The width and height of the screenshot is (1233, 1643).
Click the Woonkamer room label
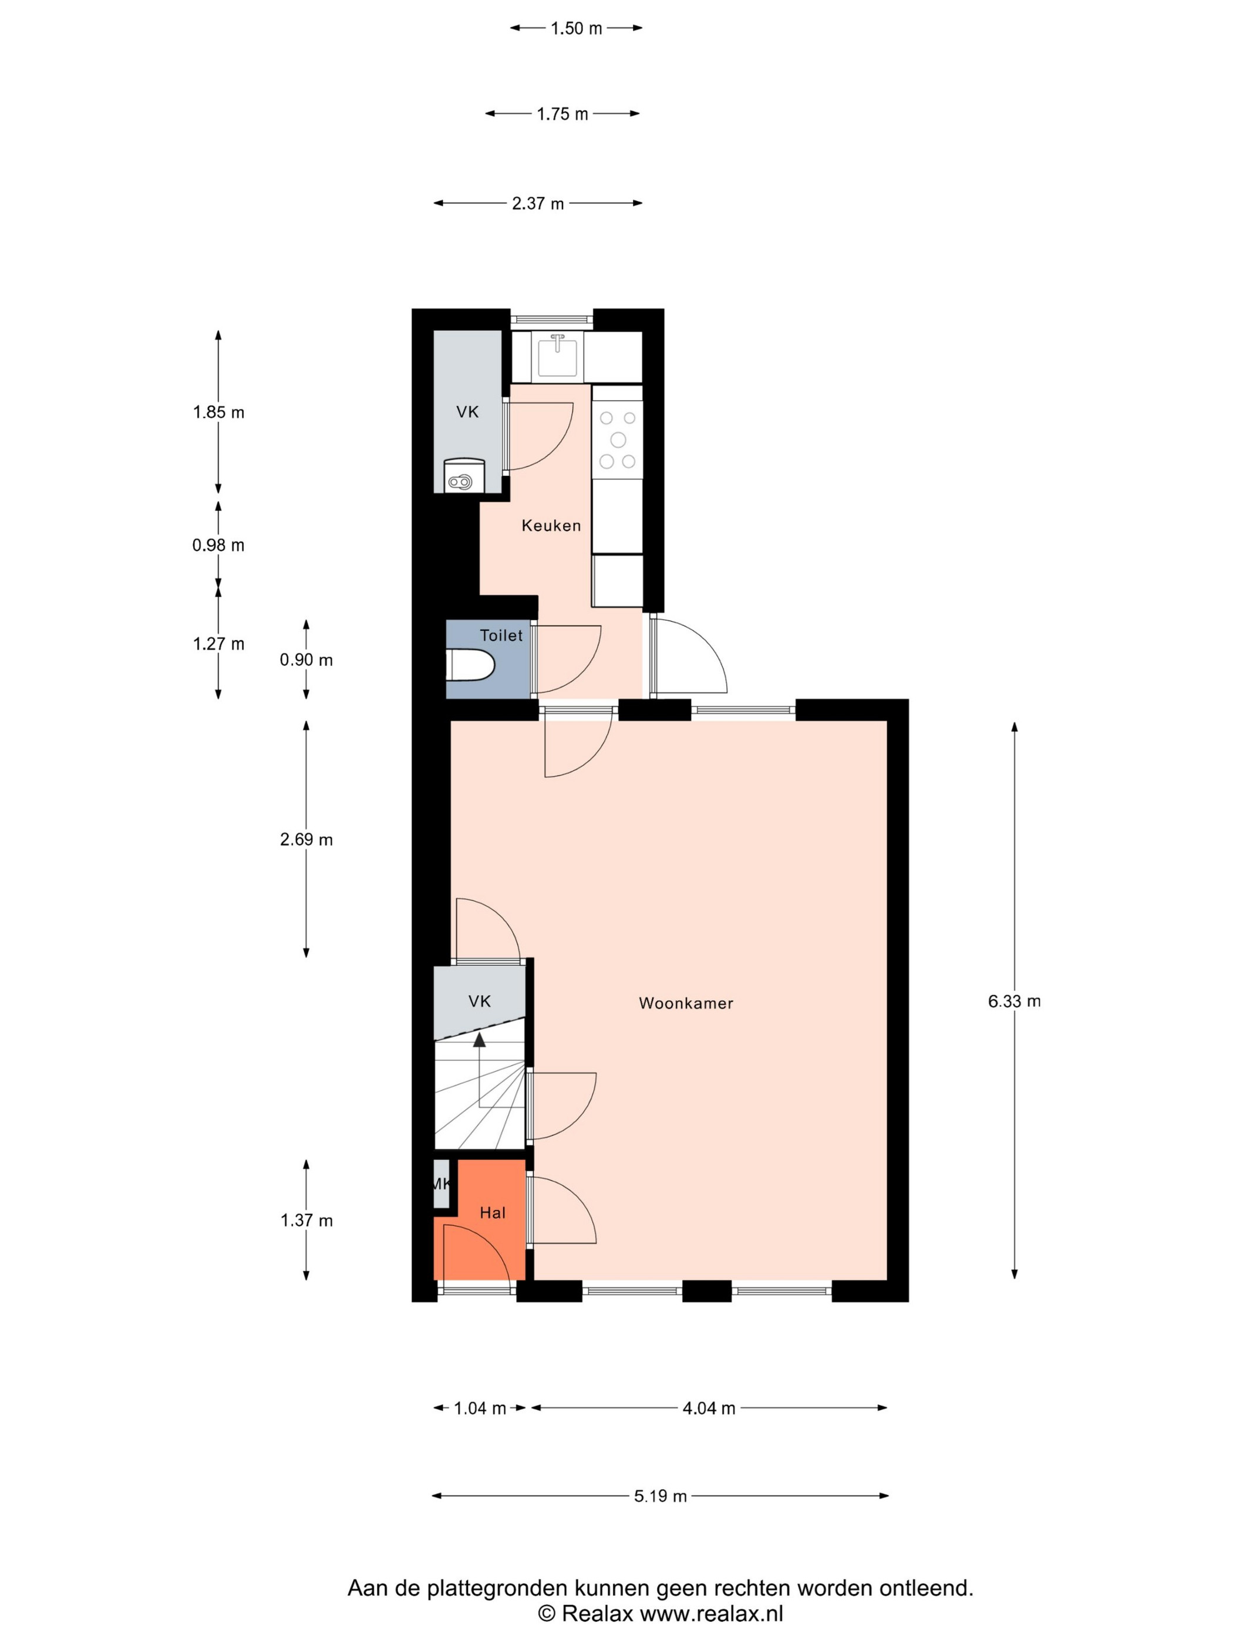(685, 1003)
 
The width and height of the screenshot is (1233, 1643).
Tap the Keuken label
(551, 526)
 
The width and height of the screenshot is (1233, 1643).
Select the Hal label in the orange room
(492, 1213)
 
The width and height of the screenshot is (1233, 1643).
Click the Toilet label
(501, 635)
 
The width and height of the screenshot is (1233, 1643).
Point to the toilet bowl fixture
(472, 665)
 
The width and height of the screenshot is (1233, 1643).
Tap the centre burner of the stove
(618, 440)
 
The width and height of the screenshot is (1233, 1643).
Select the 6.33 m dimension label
(1014, 1001)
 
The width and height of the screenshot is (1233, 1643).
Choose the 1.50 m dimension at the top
(576, 28)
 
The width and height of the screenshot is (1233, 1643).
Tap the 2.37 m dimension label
(537, 204)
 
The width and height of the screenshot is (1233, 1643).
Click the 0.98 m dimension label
(218, 545)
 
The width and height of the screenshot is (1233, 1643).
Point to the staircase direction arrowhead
(479, 1040)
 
